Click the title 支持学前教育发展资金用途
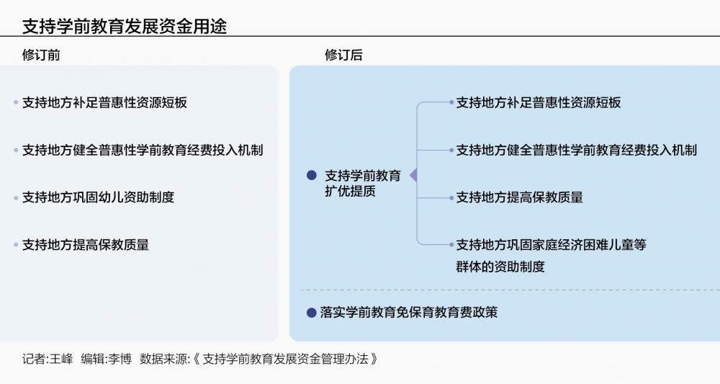pos(124,27)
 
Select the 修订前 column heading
pos(42,55)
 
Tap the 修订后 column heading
pos(343,55)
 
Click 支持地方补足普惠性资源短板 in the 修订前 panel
pos(104,102)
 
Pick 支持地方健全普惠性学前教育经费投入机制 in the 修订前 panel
pos(143,150)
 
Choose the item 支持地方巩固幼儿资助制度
pos(98,197)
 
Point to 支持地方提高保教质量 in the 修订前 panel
pos(86,245)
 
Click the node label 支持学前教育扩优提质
pos(363,183)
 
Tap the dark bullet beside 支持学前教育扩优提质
pos(311,175)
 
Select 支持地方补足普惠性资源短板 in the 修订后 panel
pos(539,102)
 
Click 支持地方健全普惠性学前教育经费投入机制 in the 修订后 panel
pos(577,150)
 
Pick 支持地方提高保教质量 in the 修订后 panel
pos(520,197)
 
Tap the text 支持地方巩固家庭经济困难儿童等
pos(552,245)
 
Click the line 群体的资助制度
pos(500,267)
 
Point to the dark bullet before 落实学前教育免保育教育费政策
pos(311,313)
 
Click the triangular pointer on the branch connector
pos(413,175)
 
